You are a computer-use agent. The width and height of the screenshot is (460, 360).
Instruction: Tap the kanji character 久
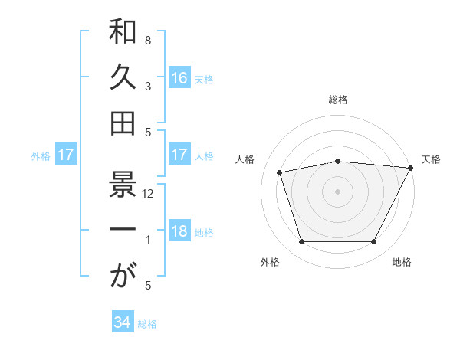(x=123, y=77)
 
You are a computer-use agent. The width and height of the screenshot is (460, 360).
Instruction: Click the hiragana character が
(x=123, y=276)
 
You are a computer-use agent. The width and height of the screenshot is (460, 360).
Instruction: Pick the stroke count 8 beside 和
(x=147, y=39)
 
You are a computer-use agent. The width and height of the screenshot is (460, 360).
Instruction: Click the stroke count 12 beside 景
(x=149, y=194)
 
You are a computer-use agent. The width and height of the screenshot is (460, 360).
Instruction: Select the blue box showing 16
(x=179, y=77)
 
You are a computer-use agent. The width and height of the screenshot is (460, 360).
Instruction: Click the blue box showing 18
(x=179, y=232)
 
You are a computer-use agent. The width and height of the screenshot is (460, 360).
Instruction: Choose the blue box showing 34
(x=122, y=322)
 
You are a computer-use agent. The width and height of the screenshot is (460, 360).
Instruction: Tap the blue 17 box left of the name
(x=65, y=155)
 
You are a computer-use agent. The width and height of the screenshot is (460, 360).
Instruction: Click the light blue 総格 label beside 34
(x=147, y=324)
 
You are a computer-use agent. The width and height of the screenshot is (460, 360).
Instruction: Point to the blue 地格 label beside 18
(x=205, y=233)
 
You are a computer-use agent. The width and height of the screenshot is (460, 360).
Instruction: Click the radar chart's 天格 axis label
(x=431, y=159)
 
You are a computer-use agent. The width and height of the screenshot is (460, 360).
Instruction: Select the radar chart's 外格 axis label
(x=270, y=262)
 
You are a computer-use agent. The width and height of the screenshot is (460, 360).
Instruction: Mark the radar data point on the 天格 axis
(x=410, y=168)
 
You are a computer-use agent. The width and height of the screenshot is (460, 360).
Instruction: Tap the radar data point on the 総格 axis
(x=337, y=161)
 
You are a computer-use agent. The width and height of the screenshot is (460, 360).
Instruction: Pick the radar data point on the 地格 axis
(x=373, y=242)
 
